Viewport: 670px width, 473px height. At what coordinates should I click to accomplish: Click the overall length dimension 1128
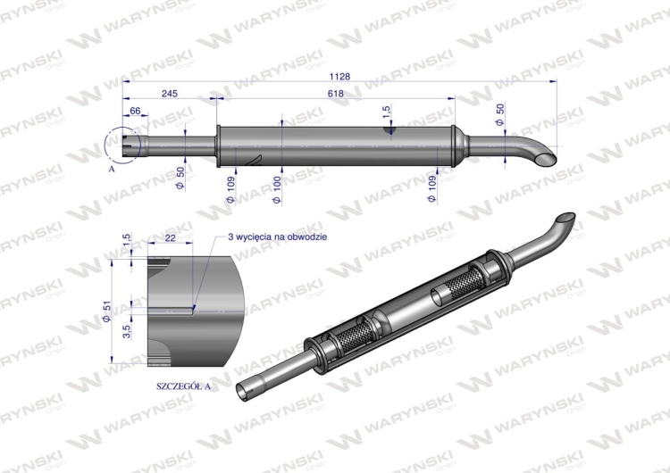339,77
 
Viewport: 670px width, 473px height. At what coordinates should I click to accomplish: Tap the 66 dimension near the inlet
136,110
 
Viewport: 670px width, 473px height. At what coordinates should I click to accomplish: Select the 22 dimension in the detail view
170,236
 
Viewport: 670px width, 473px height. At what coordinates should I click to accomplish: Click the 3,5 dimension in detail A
127,331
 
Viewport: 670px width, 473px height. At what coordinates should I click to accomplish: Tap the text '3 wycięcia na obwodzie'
278,236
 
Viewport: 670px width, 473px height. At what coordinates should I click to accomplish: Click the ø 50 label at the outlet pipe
500,113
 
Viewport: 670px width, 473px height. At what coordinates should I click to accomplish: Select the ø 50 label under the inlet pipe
180,178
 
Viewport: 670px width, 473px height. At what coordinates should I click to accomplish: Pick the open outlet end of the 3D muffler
564,219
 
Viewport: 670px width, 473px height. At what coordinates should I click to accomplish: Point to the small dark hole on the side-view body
389,130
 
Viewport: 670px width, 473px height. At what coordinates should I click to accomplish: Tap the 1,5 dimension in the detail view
127,241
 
